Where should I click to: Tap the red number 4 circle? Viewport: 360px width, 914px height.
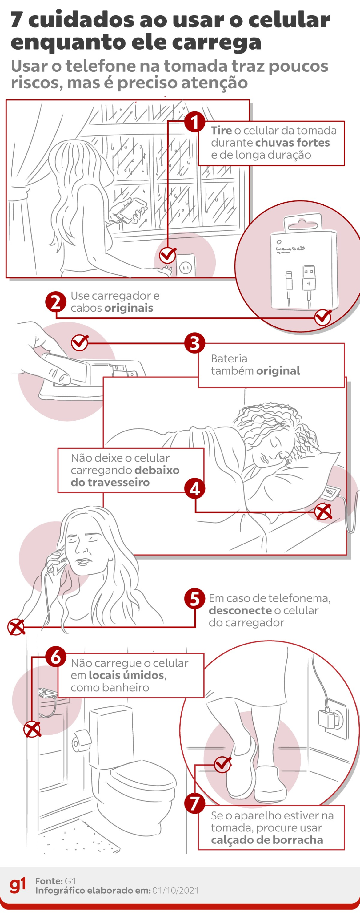(x=195, y=489)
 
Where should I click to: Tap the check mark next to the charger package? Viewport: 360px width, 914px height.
(x=323, y=317)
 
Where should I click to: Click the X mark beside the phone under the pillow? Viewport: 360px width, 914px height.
(x=323, y=512)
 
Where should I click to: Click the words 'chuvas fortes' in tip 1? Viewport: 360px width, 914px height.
(x=293, y=143)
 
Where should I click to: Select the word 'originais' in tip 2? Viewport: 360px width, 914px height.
(x=129, y=308)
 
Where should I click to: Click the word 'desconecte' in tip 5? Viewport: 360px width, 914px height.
(x=240, y=610)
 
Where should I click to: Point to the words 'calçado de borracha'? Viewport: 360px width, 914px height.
(x=267, y=840)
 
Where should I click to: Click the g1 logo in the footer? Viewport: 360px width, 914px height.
(x=18, y=885)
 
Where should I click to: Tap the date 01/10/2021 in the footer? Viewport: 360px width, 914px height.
(x=176, y=890)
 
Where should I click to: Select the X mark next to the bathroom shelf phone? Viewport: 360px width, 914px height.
(x=32, y=730)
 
